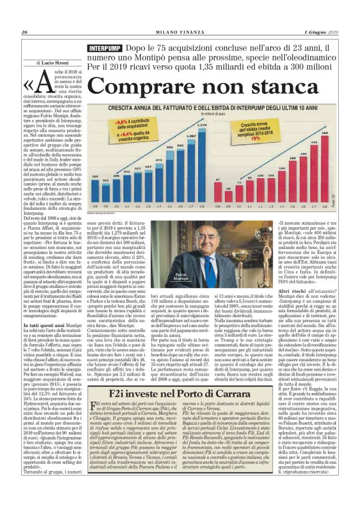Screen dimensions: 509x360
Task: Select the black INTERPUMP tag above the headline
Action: (x=104, y=48)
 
